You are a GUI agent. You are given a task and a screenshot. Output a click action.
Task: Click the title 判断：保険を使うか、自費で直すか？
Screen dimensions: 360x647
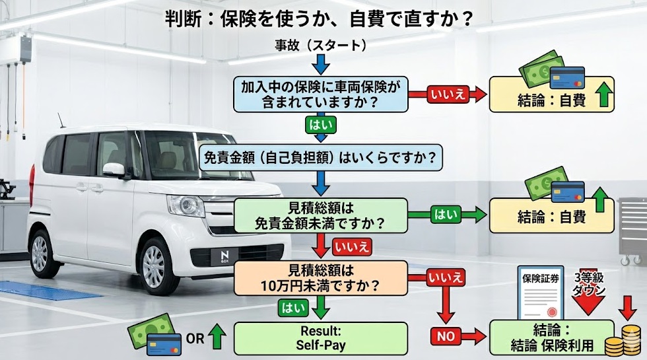320,18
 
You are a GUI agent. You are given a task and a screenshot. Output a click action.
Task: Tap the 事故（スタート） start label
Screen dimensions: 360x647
320,46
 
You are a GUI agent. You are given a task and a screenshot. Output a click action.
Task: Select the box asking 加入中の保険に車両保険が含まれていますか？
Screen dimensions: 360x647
320,94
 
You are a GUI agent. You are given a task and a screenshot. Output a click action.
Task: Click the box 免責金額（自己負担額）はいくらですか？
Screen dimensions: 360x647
320,159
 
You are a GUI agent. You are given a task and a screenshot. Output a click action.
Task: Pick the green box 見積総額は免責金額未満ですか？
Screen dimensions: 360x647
320,215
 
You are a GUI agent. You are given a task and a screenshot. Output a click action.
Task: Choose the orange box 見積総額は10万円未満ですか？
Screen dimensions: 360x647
320,277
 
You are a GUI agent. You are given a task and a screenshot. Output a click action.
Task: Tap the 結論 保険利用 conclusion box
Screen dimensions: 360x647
551,338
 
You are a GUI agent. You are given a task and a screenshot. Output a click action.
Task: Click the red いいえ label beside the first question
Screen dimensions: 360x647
448,94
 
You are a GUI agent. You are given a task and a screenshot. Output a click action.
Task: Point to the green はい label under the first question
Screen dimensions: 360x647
320,124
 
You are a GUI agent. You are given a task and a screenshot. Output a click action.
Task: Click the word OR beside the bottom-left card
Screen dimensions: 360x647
195,340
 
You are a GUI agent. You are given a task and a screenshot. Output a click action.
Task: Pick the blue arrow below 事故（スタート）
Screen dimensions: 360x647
320,64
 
